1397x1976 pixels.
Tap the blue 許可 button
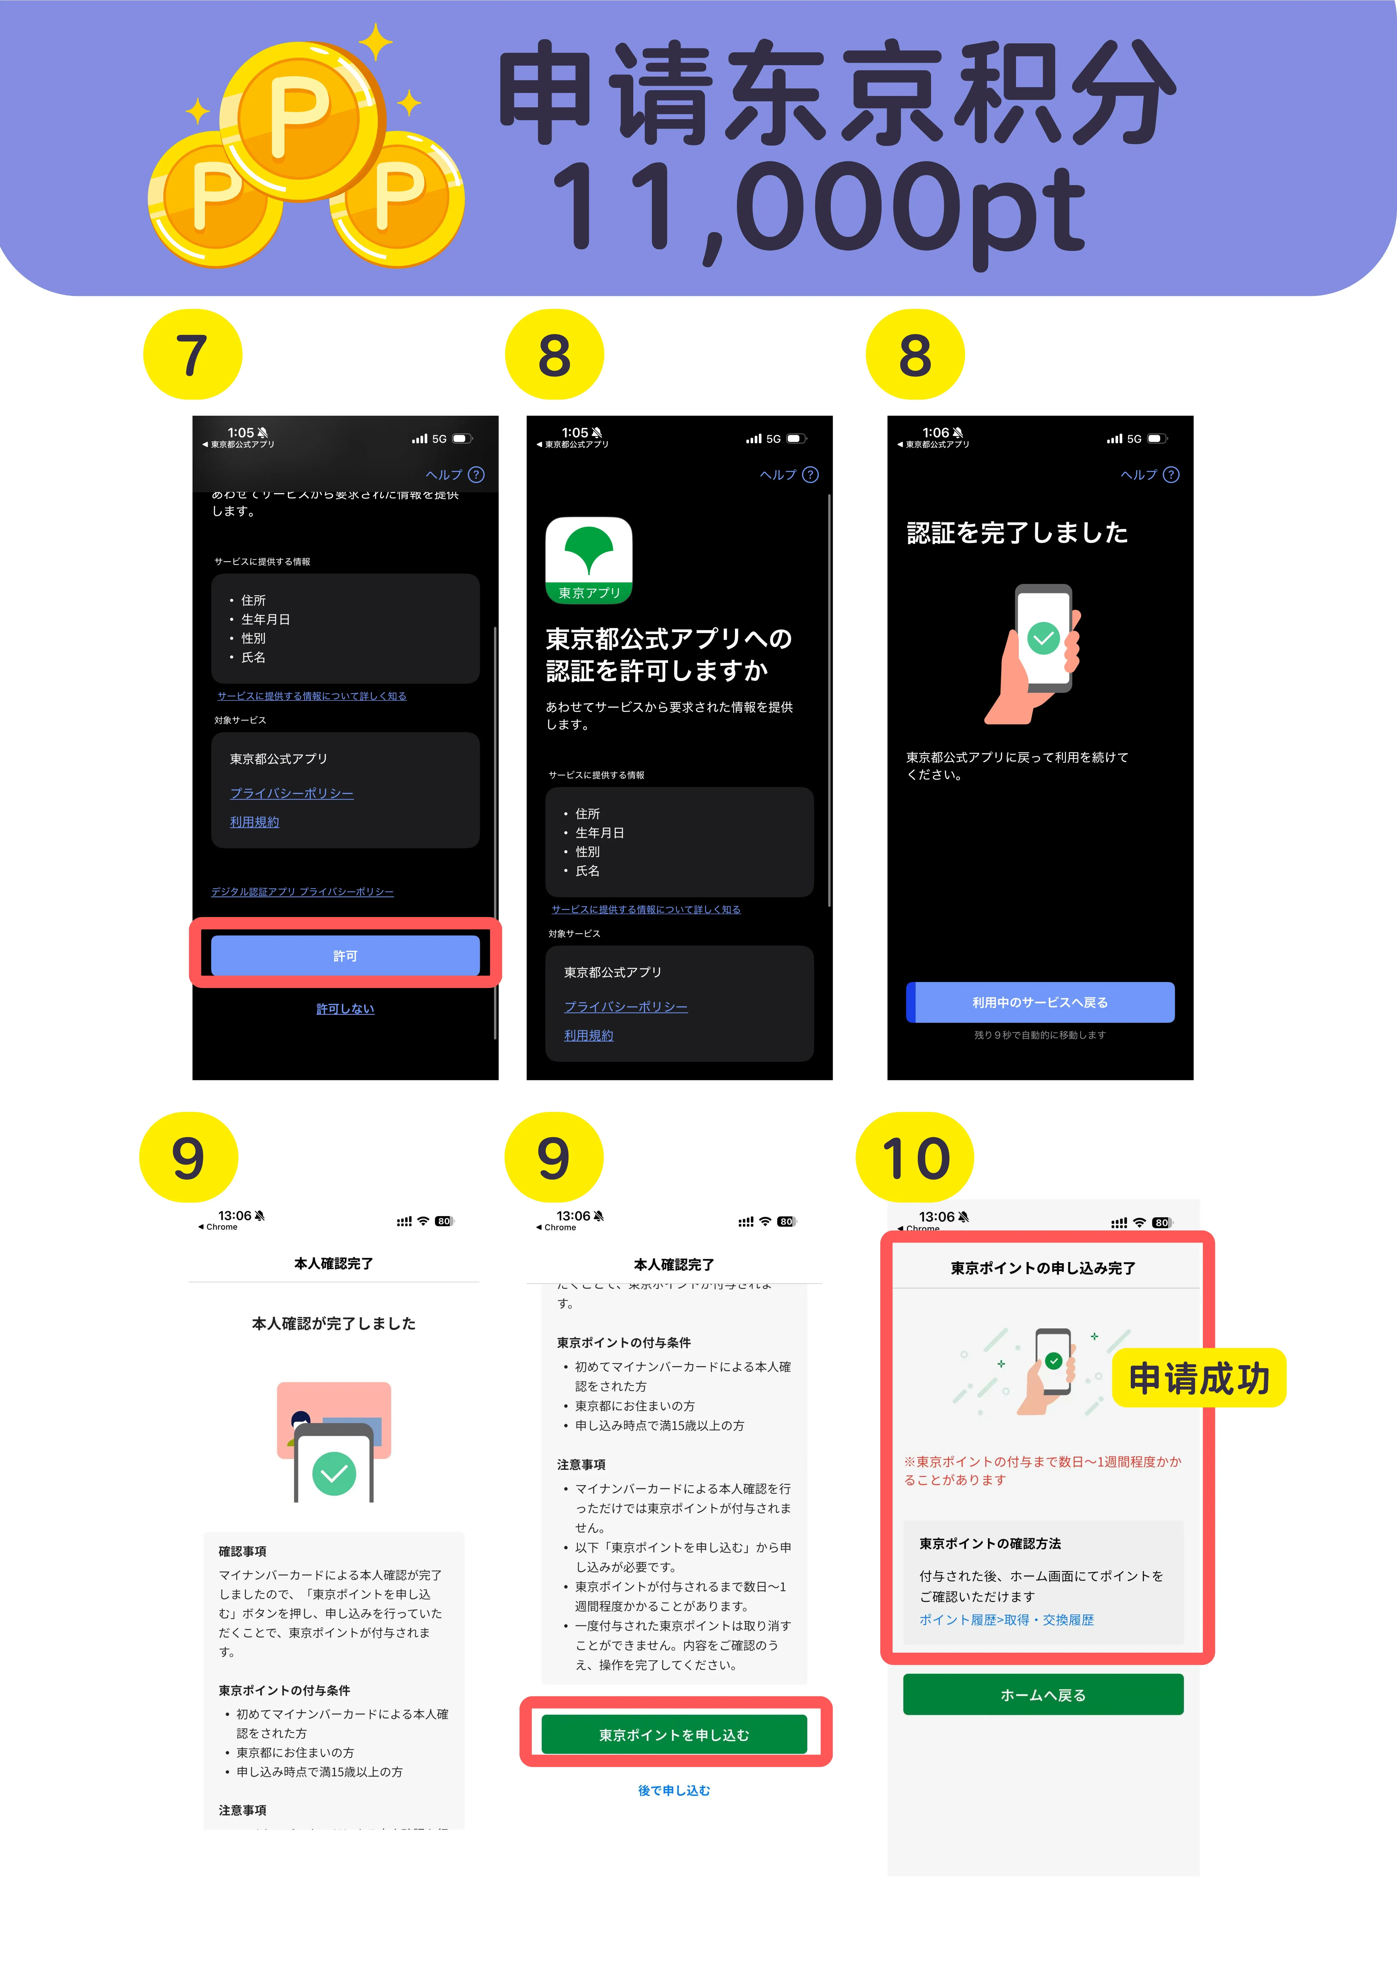click(345, 955)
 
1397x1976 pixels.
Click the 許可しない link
click(345, 1009)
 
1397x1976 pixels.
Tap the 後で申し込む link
click(674, 1790)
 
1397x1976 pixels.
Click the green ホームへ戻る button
click(1043, 1695)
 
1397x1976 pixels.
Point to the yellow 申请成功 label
click(1199, 1378)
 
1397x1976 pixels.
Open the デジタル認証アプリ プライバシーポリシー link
click(302, 892)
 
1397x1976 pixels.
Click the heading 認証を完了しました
click(1017, 533)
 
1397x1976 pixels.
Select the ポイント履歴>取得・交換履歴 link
click(1006, 1620)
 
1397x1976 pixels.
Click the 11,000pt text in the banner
click(818, 206)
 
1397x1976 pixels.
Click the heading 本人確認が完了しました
click(334, 1324)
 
